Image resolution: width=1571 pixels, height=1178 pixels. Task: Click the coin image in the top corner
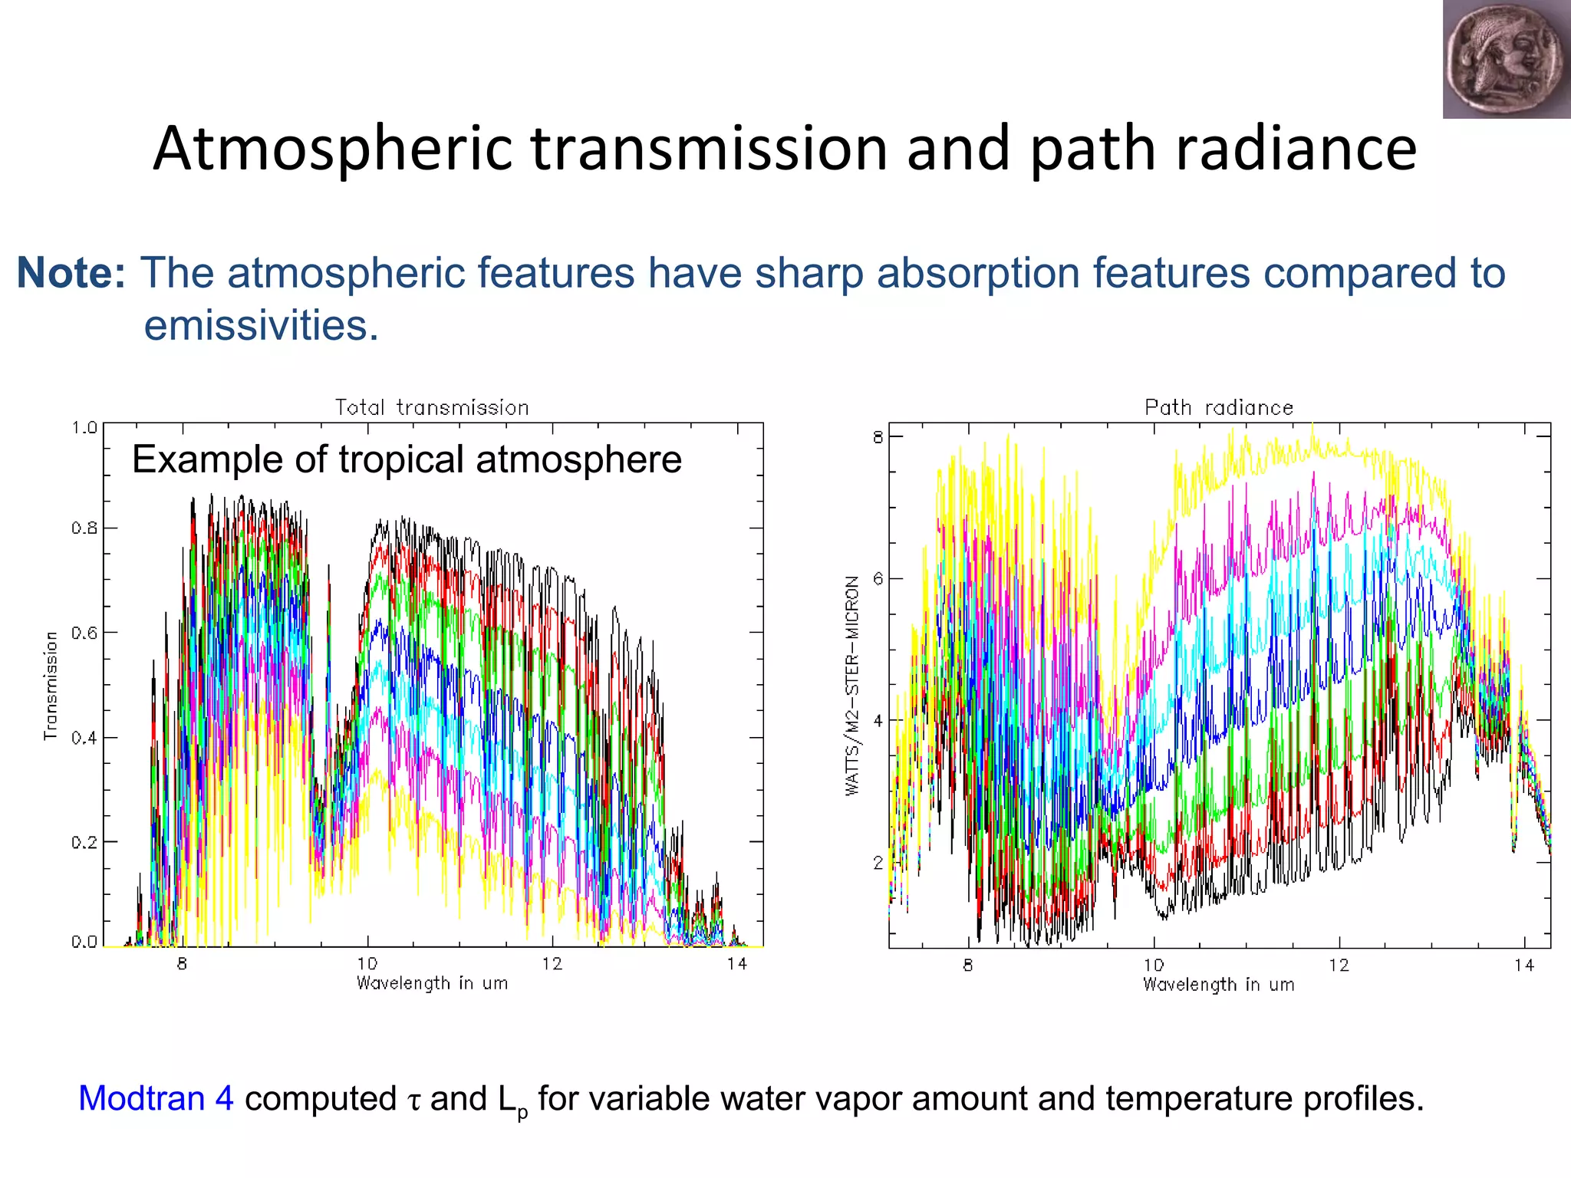click(1506, 59)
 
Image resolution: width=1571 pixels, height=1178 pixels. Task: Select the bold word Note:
click(71, 273)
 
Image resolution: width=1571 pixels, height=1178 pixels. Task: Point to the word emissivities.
click(261, 325)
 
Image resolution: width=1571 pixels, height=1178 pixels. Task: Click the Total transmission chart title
click(432, 407)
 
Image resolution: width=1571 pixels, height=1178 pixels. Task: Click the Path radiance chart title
click(1218, 407)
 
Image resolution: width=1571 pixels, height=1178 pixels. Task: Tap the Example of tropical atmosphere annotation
click(407, 459)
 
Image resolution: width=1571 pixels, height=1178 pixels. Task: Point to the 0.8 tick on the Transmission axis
click(84, 528)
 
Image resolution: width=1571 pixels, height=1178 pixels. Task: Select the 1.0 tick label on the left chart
click(84, 427)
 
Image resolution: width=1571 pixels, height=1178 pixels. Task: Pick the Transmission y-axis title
click(51, 685)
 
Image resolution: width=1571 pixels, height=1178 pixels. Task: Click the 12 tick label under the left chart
click(552, 964)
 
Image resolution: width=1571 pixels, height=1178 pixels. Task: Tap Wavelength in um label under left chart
click(432, 983)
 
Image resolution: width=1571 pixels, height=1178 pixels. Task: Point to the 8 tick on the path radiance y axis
click(878, 438)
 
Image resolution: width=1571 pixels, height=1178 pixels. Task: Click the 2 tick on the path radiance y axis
click(878, 864)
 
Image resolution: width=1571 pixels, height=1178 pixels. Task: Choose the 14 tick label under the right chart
click(1523, 966)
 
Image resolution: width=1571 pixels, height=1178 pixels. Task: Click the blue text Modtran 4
click(156, 1099)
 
